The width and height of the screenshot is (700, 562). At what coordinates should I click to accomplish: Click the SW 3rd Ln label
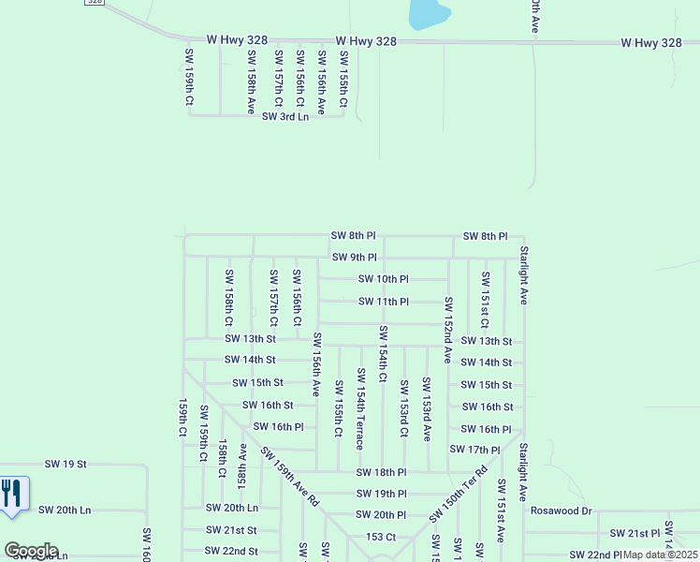pos(284,116)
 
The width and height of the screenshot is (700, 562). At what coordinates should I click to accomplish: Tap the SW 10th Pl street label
pos(384,279)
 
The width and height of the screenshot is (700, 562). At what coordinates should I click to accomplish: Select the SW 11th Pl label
pos(384,302)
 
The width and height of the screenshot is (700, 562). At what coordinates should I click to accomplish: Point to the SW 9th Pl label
pos(354,258)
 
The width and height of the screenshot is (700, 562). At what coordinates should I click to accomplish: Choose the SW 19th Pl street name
pos(381,494)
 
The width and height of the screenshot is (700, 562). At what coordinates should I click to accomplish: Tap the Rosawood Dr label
pos(561,511)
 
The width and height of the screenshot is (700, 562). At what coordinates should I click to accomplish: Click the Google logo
pos(31,551)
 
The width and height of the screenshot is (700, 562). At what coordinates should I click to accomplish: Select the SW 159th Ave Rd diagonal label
pos(290,477)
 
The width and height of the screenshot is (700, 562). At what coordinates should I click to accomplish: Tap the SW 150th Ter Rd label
pos(459,495)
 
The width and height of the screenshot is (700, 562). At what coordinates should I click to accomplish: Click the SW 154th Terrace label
pos(360,408)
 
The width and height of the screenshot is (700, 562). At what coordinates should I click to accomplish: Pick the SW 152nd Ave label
pos(448,330)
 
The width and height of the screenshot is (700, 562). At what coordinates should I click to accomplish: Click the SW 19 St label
pos(66,464)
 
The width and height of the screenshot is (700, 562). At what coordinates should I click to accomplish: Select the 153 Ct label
pos(381,537)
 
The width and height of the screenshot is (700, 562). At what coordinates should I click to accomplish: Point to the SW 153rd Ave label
pos(426,409)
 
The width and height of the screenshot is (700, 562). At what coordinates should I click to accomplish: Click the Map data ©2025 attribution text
pos(661,555)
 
